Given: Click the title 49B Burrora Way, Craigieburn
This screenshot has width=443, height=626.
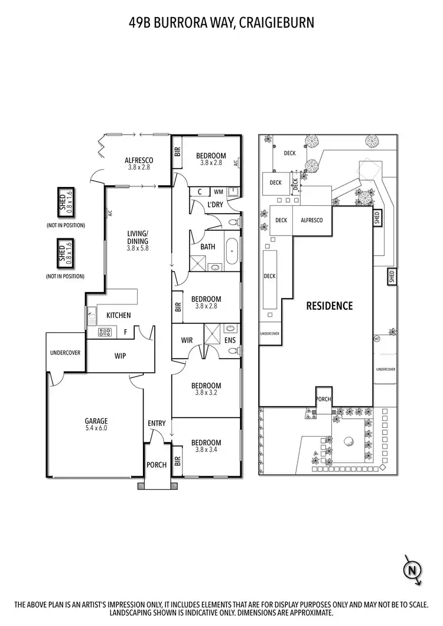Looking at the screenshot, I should [x=221, y=23].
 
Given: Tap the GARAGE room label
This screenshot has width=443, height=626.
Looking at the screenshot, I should [x=95, y=421].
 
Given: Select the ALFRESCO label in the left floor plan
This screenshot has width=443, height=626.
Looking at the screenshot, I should [x=139, y=160].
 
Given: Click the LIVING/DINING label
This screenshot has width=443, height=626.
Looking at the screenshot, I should [x=137, y=237].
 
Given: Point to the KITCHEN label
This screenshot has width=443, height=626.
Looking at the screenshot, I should [x=118, y=316].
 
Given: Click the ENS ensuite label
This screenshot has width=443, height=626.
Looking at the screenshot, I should [x=230, y=340].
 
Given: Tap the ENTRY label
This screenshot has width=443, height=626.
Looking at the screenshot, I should [x=156, y=423].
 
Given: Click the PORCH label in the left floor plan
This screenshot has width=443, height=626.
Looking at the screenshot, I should [x=157, y=465].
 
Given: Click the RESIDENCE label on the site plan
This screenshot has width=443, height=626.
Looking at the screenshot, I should [x=329, y=306].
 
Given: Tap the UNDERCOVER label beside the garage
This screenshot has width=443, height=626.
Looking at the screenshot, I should [x=65, y=353].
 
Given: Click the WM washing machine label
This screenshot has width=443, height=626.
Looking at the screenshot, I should [x=218, y=192].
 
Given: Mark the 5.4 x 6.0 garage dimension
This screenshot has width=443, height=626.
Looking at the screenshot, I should [x=95, y=428].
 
